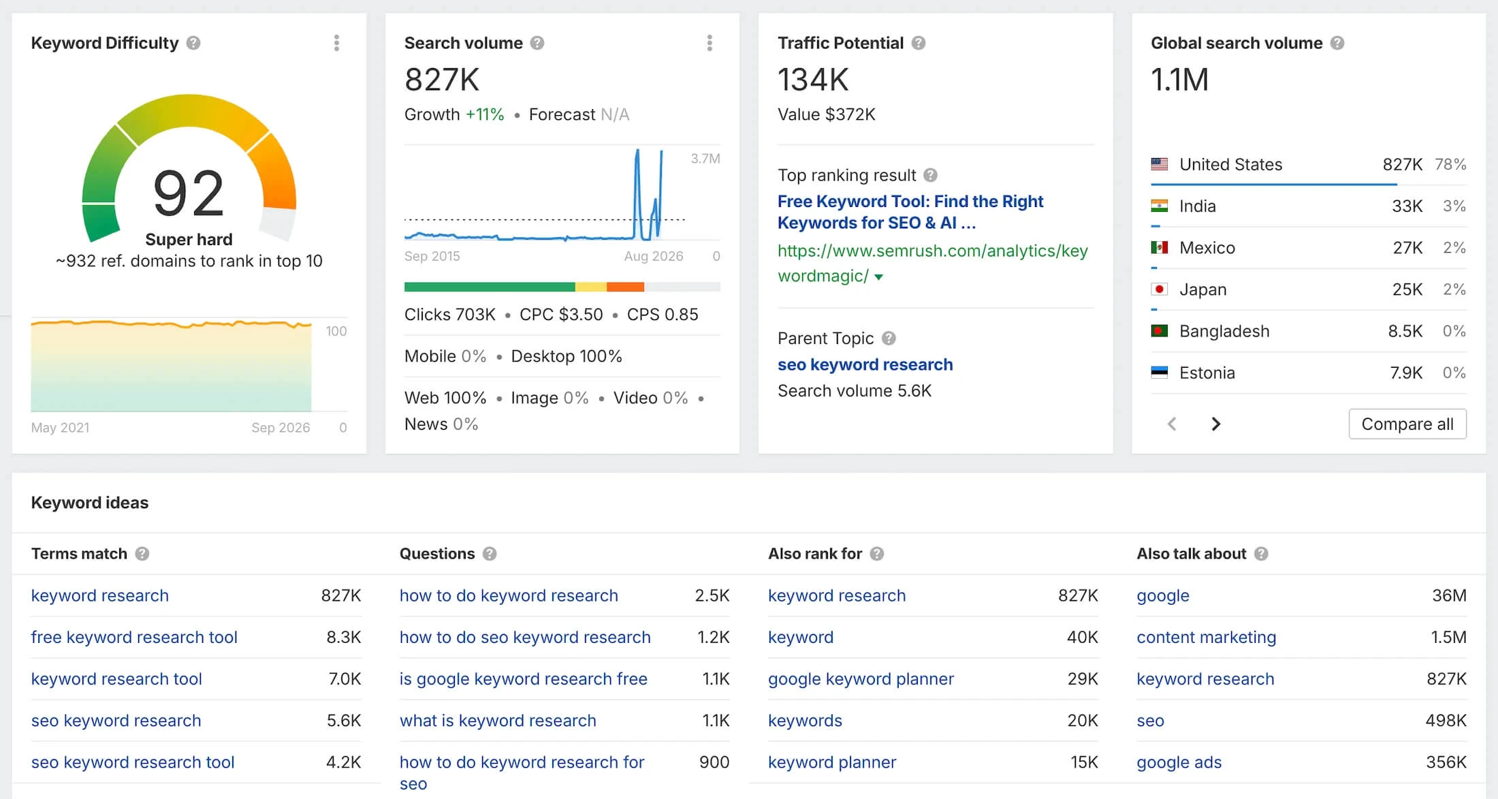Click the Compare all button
coord(1407,424)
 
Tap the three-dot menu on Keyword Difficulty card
coord(336,43)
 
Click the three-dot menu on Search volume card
coord(710,43)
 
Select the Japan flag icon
coord(1159,289)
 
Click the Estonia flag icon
coord(1159,373)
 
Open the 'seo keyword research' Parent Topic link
coord(865,364)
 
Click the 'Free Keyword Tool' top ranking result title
coord(910,212)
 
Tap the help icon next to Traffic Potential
coord(919,43)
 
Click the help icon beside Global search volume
coord(1337,43)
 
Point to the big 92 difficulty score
coord(189,193)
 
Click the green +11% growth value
coord(485,114)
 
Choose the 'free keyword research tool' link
coord(134,637)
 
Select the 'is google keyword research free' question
coord(523,678)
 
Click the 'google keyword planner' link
coord(861,678)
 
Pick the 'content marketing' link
coord(1206,637)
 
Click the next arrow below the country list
coord(1216,424)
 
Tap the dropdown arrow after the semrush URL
coord(878,277)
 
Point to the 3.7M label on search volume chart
coord(705,159)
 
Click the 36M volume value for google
coord(1449,595)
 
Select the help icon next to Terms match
coord(142,554)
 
